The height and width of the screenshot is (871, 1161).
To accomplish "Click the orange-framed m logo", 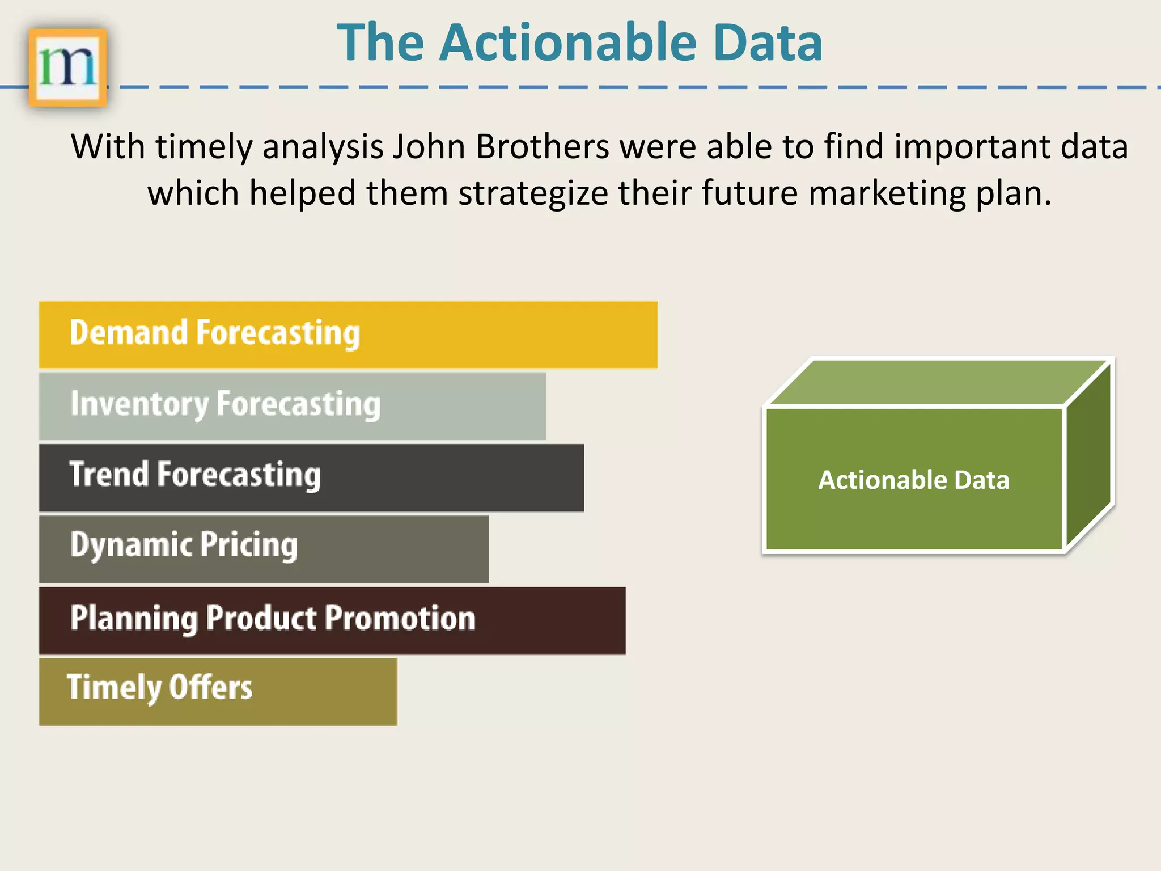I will click(x=67, y=67).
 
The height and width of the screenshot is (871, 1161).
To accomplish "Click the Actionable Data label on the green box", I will click(x=913, y=480).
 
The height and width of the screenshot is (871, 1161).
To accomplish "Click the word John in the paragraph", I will click(x=429, y=147).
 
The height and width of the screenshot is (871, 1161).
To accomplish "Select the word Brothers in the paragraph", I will click(x=542, y=147).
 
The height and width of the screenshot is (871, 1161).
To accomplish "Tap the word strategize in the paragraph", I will click(x=533, y=193).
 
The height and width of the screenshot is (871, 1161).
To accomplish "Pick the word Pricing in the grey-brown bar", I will click(x=249, y=546).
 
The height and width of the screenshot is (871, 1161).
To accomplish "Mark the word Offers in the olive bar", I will click(x=210, y=687).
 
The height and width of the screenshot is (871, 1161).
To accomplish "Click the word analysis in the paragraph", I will click(x=323, y=147).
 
